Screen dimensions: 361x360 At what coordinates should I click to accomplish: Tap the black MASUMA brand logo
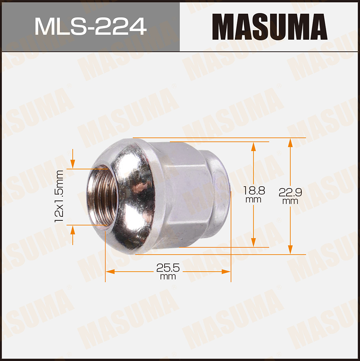pos(270,27)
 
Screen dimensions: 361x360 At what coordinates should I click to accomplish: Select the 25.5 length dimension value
pos(168,268)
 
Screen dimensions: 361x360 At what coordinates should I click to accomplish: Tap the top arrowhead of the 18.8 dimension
pos(253,146)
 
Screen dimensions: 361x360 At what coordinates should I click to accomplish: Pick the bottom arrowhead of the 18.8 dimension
pos(253,243)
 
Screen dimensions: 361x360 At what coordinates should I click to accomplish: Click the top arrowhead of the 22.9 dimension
pos(290,142)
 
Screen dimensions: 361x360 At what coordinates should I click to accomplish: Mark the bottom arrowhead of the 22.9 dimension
pos(290,250)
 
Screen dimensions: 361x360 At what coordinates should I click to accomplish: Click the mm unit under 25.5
pos(168,277)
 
